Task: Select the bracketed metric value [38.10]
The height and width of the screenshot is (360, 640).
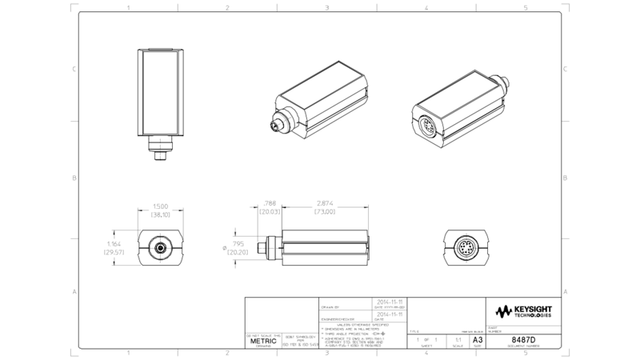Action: point(161,214)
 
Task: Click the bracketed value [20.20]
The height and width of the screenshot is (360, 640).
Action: point(238,252)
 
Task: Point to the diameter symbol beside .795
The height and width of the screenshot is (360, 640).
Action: point(224,247)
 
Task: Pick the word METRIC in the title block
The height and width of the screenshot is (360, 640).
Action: point(263,341)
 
